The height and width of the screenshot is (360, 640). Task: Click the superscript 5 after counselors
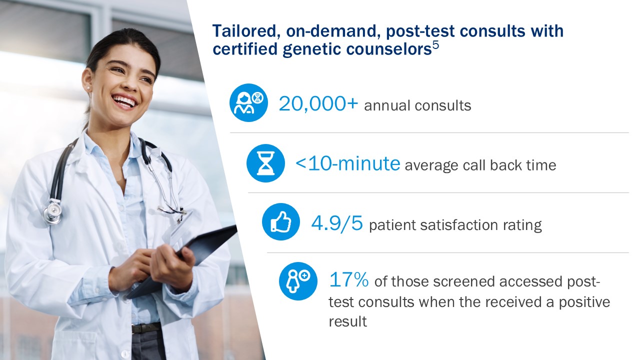click(x=435, y=45)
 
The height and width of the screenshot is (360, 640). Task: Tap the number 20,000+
click(x=318, y=103)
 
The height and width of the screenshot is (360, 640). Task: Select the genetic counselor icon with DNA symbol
click(x=248, y=103)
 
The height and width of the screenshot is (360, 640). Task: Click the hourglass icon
click(x=265, y=163)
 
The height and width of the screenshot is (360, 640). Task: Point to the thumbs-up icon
click(x=281, y=221)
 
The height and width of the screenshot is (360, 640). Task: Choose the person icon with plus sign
click(x=298, y=281)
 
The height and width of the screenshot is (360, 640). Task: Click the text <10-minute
click(x=348, y=163)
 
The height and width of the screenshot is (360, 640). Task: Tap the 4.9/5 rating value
click(x=337, y=223)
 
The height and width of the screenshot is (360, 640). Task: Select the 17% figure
click(x=349, y=279)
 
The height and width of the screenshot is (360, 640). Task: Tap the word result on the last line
click(x=347, y=321)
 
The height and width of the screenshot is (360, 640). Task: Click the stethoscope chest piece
click(x=52, y=212)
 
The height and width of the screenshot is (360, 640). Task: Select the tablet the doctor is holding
click(x=183, y=260)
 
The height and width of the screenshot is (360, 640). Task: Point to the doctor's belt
click(x=146, y=328)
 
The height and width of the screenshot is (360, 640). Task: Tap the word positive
click(x=584, y=303)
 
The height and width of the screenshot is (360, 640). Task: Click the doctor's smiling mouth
click(x=125, y=101)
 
